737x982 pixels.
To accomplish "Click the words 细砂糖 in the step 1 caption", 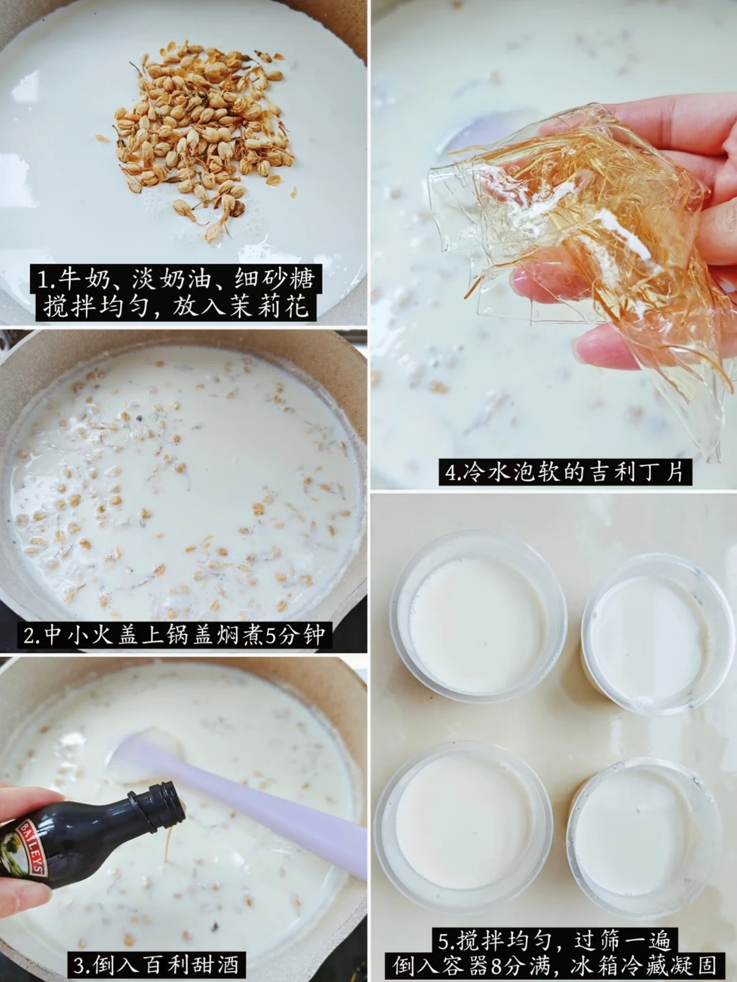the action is tap(275, 280).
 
